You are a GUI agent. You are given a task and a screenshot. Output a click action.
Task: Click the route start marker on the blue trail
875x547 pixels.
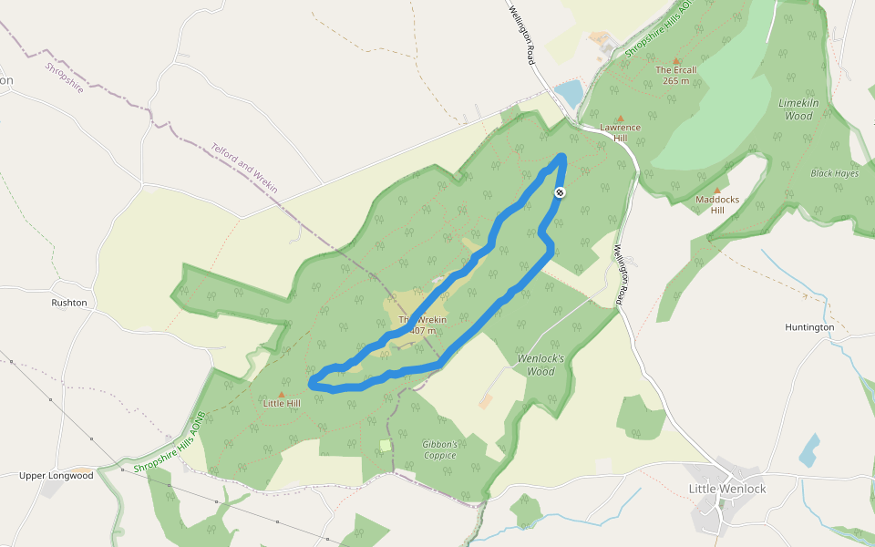pos(560,192)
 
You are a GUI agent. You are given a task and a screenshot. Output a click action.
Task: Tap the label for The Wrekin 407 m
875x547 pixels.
pos(422,325)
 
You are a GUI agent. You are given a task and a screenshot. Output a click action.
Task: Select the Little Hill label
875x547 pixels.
pos(281,403)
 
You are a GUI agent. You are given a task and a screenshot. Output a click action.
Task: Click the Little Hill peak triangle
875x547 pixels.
pos(281,394)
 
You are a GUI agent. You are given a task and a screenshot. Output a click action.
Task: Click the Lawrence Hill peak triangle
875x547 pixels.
pos(621,118)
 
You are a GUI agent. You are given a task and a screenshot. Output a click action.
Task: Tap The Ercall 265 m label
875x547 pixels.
pos(676,75)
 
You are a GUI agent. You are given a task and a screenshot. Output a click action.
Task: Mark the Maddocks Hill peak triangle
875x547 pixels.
pos(716,190)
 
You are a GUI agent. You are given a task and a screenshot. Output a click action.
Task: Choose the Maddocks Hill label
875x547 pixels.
pos(716,204)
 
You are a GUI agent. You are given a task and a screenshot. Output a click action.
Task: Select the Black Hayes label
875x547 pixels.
pos(835,173)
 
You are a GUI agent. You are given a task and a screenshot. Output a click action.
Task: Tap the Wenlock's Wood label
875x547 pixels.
pos(541,365)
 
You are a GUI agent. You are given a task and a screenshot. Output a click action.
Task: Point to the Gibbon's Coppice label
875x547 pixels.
pos(439,449)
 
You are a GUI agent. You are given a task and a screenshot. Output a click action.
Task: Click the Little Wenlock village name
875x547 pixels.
pos(727,489)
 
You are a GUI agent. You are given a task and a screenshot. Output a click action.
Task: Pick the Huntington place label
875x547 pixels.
pos(809,327)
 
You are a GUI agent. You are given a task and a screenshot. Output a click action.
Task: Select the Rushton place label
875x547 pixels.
pos(69,303)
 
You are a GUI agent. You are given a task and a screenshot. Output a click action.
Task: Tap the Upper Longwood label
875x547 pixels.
pos(57,475)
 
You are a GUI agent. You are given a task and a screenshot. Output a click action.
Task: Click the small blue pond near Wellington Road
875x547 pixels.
pos(569,92)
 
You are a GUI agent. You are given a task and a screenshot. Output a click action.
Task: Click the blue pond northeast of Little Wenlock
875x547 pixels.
pos(808,450)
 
